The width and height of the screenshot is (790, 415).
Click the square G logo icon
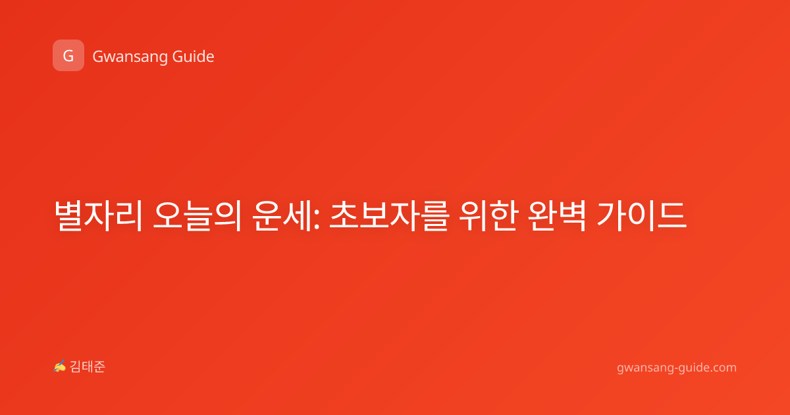[68, 55]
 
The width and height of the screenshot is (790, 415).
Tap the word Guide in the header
[194, 57]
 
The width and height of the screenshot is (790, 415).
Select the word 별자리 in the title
[98, 215]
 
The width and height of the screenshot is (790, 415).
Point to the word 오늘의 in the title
[197, 215]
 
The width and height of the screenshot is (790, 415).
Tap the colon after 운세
[317, 219]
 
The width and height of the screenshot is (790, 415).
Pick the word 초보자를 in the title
[389, 215]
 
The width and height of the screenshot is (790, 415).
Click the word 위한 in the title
[488, 215]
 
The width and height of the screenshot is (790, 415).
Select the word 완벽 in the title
[557, 215]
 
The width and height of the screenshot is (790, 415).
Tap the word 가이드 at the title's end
[642, 215]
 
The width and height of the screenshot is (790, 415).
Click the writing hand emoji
[60, 366]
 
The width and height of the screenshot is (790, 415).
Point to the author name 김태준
[88, 367]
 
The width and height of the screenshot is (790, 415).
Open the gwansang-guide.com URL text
[677, 368]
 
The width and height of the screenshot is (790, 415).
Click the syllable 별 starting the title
[68, 215]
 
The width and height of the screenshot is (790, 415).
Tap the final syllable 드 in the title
[672, 215]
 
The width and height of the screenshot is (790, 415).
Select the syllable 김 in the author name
[76, 367]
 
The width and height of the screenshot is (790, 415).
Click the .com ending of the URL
[723, 368]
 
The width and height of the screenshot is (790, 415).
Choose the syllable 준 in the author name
[99, 367]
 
